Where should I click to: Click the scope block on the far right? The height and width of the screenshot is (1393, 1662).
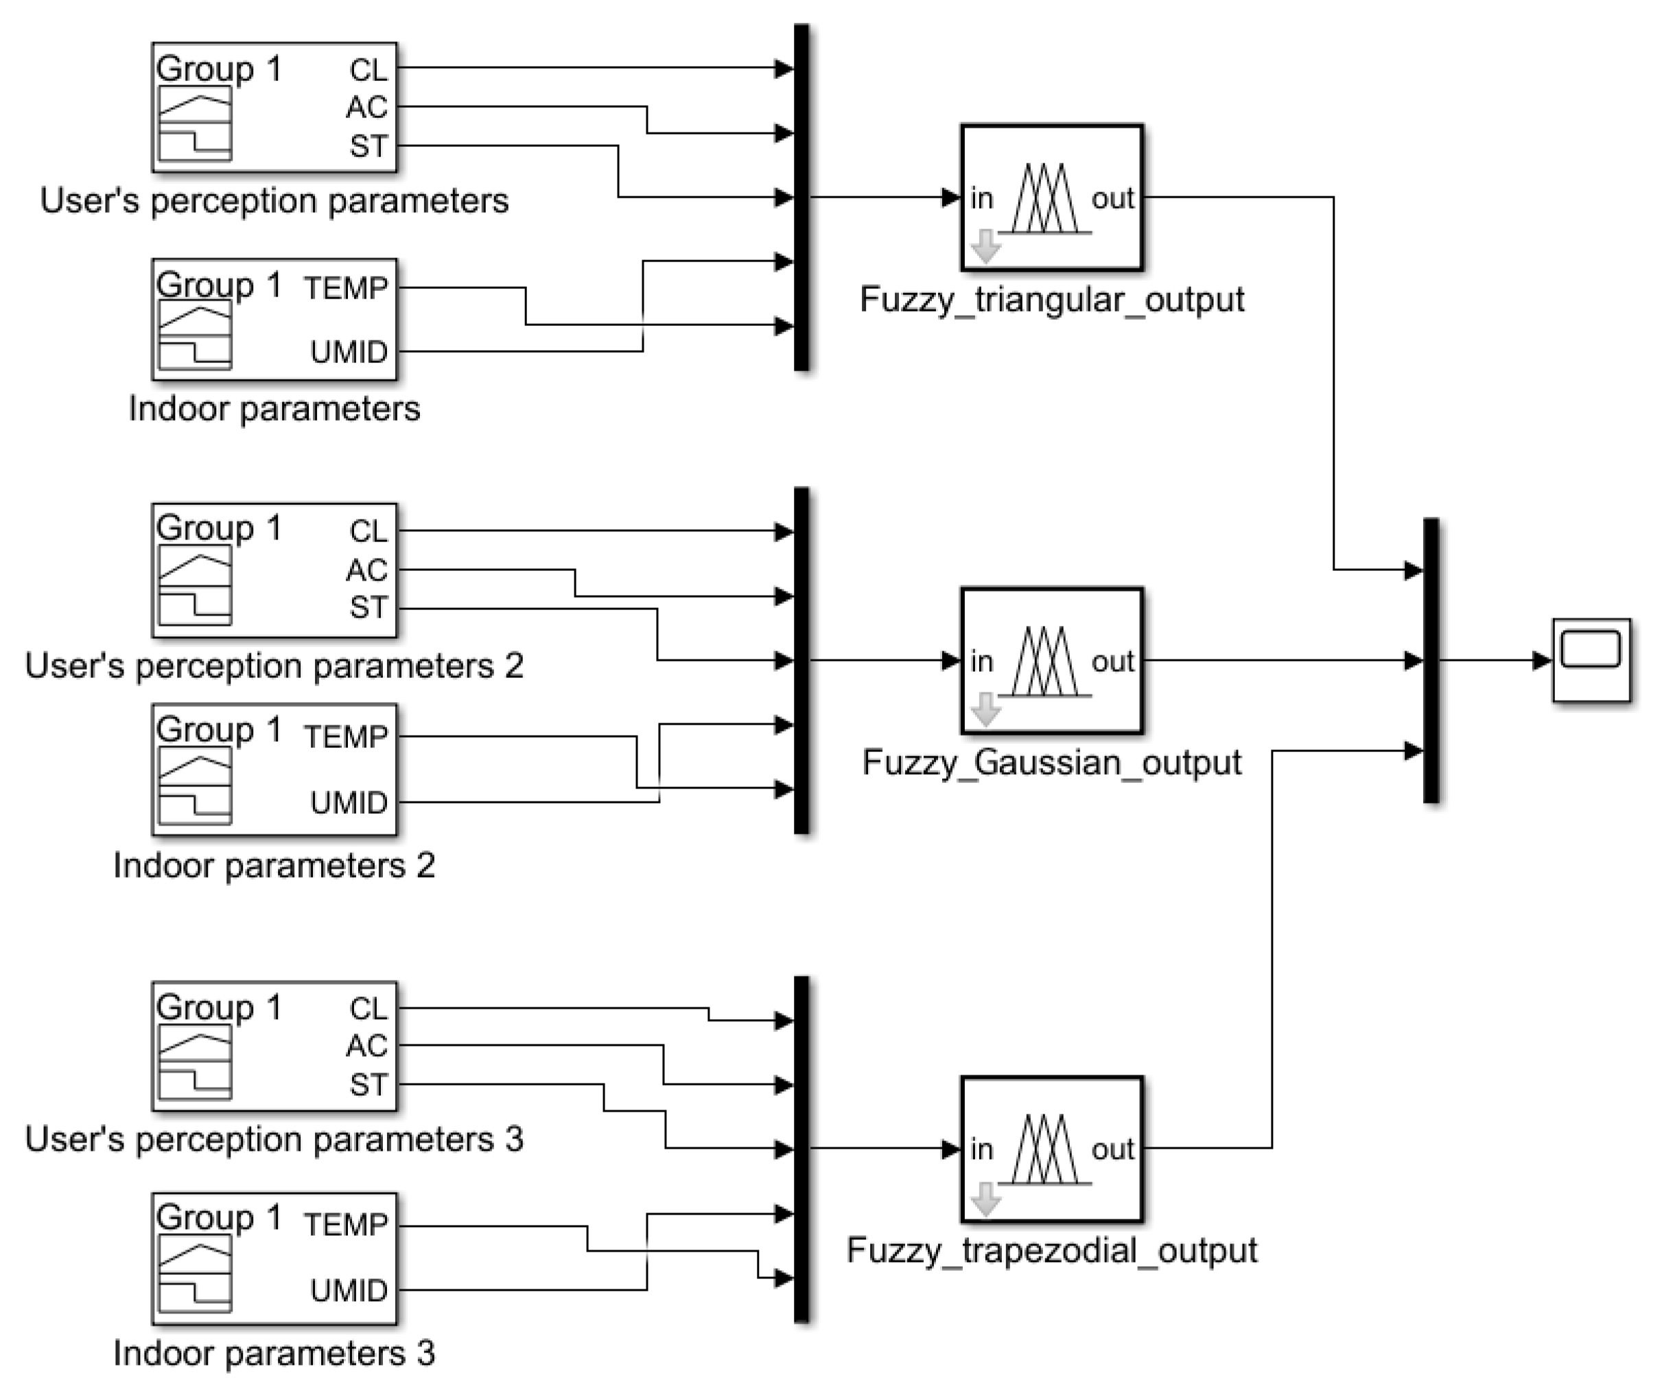(1591, 659)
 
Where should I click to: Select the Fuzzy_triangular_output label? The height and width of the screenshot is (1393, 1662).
(1052, 300)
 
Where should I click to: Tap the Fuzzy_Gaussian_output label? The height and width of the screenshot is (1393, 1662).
(1052, 763)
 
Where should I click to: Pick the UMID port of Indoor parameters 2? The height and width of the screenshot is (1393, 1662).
(348, 803)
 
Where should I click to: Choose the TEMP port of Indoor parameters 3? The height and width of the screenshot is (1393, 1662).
(346, 1225)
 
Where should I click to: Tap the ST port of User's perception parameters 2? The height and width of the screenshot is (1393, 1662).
(368, 608)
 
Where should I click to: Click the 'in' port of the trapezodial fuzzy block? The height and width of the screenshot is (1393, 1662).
(981, 1149)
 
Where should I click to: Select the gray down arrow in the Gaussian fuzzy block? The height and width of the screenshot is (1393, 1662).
(985, 709)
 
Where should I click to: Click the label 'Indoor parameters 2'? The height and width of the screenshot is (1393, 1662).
(274, 866)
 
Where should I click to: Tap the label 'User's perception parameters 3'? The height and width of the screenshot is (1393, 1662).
(274, 1140)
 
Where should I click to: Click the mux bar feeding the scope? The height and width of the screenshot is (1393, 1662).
(1431, 661)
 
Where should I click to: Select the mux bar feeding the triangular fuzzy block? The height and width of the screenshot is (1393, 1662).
(801, 198)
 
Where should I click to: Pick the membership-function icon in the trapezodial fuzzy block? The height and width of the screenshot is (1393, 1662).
(1044, 1149)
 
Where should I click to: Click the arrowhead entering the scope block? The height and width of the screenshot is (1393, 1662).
(1541, 660)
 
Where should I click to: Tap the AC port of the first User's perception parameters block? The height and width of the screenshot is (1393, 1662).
(366, 107)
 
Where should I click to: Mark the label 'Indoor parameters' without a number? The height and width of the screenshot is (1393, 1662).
(274, 409)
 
